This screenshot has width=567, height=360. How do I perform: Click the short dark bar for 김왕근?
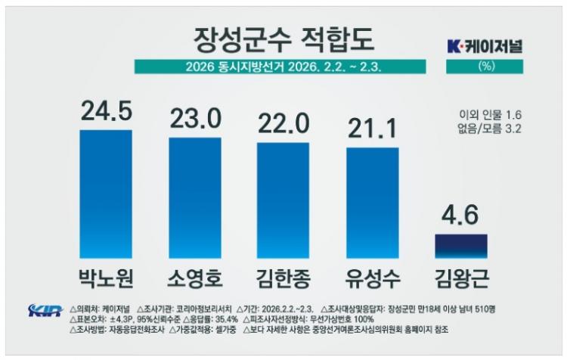461,247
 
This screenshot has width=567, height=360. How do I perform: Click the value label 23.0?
194,118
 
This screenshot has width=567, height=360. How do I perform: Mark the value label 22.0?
283,122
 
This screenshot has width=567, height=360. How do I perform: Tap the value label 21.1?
373,128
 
